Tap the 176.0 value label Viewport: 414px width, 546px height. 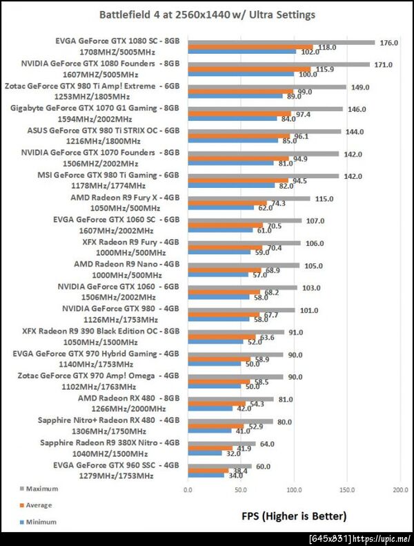tap(389, 42)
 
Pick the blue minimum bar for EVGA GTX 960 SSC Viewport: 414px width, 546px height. tap(206, 475)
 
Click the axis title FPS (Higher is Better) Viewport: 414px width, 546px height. tap(293, 516)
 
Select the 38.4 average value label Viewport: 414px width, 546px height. tap(239, 471)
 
